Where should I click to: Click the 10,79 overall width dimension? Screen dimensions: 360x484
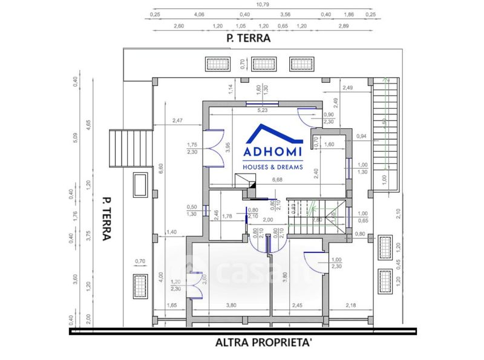click(x=262, y=5)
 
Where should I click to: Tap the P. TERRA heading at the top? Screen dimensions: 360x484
click(x=247, y=38)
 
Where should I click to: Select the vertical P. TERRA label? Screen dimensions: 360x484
click(x=106, y=217)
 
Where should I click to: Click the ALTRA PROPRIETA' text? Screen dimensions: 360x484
click(x=264, y=342)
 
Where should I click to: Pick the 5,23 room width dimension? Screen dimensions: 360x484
click(x=263, y=111)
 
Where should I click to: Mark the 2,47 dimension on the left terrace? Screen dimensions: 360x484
click(x=177, y=120)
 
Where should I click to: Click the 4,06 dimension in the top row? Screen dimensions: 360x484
click(x=198, y=14)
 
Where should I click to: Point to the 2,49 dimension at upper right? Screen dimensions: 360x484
click(x=347, y=88)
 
